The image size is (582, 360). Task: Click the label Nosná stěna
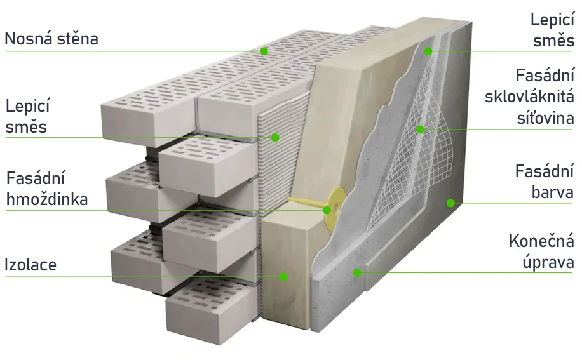[x=51, y=39]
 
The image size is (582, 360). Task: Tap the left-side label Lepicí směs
[x=27, y=116]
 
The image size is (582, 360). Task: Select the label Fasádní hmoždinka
[x=47, y=189]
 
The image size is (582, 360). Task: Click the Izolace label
[x=30, y=265]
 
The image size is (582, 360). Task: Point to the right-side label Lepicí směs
[x=553, y=30]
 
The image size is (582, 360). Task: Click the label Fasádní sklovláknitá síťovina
[x=530, y=97]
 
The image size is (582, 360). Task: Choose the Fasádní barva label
[x=545, y=182]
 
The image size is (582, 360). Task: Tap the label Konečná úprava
[x=542, y=251]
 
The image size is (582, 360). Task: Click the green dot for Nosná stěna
[x=264, y=51]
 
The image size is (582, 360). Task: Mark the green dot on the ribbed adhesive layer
[x=275, y=138]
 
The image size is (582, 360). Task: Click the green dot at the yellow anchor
[x=327, y=210]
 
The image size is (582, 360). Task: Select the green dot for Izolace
[x=283, y=277]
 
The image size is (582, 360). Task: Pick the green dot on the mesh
[x=420, y=130]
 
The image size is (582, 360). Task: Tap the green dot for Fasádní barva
[x=450, y=203]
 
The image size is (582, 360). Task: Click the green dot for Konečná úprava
[x=357, y=273]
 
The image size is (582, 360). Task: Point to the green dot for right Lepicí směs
[x=428, y=51]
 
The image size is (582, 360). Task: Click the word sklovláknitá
[x=530, y=97]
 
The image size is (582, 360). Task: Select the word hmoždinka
[x=47, y=199]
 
